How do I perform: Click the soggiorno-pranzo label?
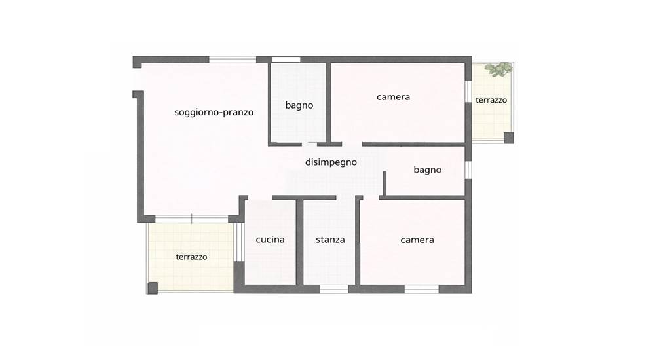(214, 113)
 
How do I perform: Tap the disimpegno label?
(331, 162)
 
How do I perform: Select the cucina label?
(271, 240)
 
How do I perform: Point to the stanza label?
(330, 240)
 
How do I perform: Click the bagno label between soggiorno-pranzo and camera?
(299, 105)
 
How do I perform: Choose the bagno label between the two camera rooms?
(427, 170)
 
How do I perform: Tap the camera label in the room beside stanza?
(417, 240)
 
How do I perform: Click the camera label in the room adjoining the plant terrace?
(393, 97)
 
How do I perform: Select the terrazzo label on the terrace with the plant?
(491, 100)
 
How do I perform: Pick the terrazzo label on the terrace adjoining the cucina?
(191, 257)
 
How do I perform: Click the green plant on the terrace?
(498, 69)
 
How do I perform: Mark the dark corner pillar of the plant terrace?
(508, 137)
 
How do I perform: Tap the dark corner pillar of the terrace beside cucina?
(153, 288)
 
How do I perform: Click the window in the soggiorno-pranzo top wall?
(233, 60)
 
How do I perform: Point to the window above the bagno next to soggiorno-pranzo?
(286, 60)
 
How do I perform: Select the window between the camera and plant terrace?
(468, 91)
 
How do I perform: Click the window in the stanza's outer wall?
(334, 289)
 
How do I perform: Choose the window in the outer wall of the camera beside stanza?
(421, 289)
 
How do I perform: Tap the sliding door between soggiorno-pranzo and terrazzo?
(192, 219)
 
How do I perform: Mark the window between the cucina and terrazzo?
(238, 242)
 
